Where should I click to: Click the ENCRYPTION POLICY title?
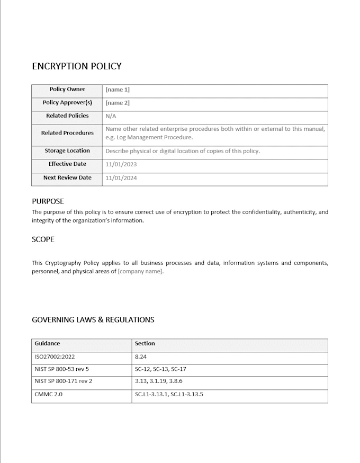(77, 66)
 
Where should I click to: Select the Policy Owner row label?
(67, 90)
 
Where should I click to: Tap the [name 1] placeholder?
(118, 90)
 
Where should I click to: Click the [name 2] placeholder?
(118, 103)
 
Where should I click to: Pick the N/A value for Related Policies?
(111, 116)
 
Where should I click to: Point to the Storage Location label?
(67, 151)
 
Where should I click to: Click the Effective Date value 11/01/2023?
(121, 164)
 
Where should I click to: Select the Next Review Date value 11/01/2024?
(121, 178)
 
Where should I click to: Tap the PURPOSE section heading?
(48, 201)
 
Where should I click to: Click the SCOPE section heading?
(43, 239)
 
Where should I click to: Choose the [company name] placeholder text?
(140, 271)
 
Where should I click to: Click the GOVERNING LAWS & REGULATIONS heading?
(93, 320)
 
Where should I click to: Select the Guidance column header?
(47, 343)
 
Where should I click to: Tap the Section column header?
(145, 343)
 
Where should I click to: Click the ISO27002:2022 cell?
(55, 357)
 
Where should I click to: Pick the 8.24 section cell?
(141, 357)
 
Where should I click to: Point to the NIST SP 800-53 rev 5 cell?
(62, 369)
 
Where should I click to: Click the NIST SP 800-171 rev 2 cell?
(64, 381)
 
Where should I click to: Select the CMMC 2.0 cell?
(48, 394)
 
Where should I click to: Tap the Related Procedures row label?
(67, 133)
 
